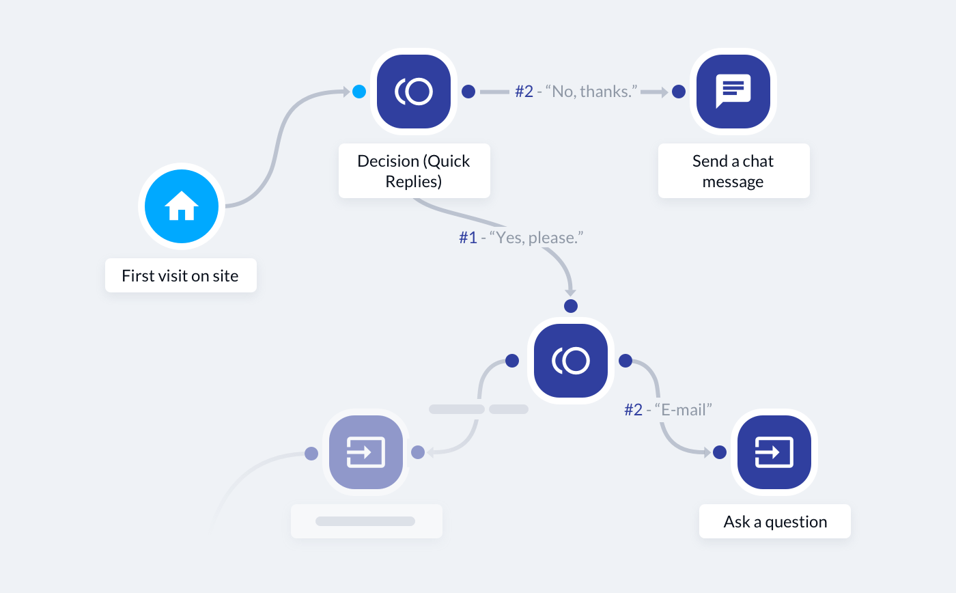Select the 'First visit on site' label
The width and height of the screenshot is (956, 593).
coord(180,275)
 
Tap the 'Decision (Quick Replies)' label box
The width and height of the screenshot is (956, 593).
coord(414,171)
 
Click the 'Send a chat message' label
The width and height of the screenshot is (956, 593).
coord(733,171)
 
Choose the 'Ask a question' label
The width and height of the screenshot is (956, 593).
coord(775,521)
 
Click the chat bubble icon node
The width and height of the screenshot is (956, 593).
coord(733,92)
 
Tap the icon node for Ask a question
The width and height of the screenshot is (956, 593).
coord(774,452)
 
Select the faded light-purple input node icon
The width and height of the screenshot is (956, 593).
coord(366,452)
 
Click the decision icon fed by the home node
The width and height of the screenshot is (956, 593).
coord(414,92)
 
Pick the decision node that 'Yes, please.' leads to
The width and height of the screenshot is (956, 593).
coord(571,361)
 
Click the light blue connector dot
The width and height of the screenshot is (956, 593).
coord(359,92)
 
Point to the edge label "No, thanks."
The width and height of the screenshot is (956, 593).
coord(576,92)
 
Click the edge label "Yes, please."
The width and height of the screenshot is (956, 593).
coord(521,238)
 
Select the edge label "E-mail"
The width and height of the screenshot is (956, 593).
coord(669,409)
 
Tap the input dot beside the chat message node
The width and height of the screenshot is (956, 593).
coord(679,92)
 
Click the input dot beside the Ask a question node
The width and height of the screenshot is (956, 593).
coord(719,452)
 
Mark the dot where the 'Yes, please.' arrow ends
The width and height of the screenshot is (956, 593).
coord(571,305)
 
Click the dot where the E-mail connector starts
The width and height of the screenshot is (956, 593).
coord(624,361)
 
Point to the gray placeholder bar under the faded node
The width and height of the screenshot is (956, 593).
coord(365,521)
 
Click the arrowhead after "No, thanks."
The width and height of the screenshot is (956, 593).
coord(662,92)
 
